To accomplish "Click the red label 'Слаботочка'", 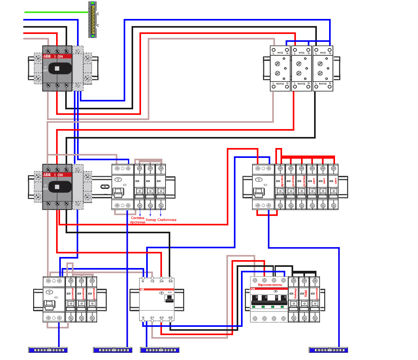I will [167, 220].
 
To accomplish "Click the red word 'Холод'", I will [151, 220].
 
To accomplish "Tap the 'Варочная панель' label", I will [269, 285].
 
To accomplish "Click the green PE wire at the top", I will [55, 12].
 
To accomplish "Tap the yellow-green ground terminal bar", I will [93, 20].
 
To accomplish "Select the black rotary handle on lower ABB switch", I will [57, 186].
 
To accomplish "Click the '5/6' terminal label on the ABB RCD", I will [171, 281].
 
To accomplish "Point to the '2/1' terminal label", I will [152, 318].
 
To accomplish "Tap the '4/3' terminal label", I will [162, 318].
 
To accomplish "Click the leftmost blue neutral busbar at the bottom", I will [48, 349].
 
